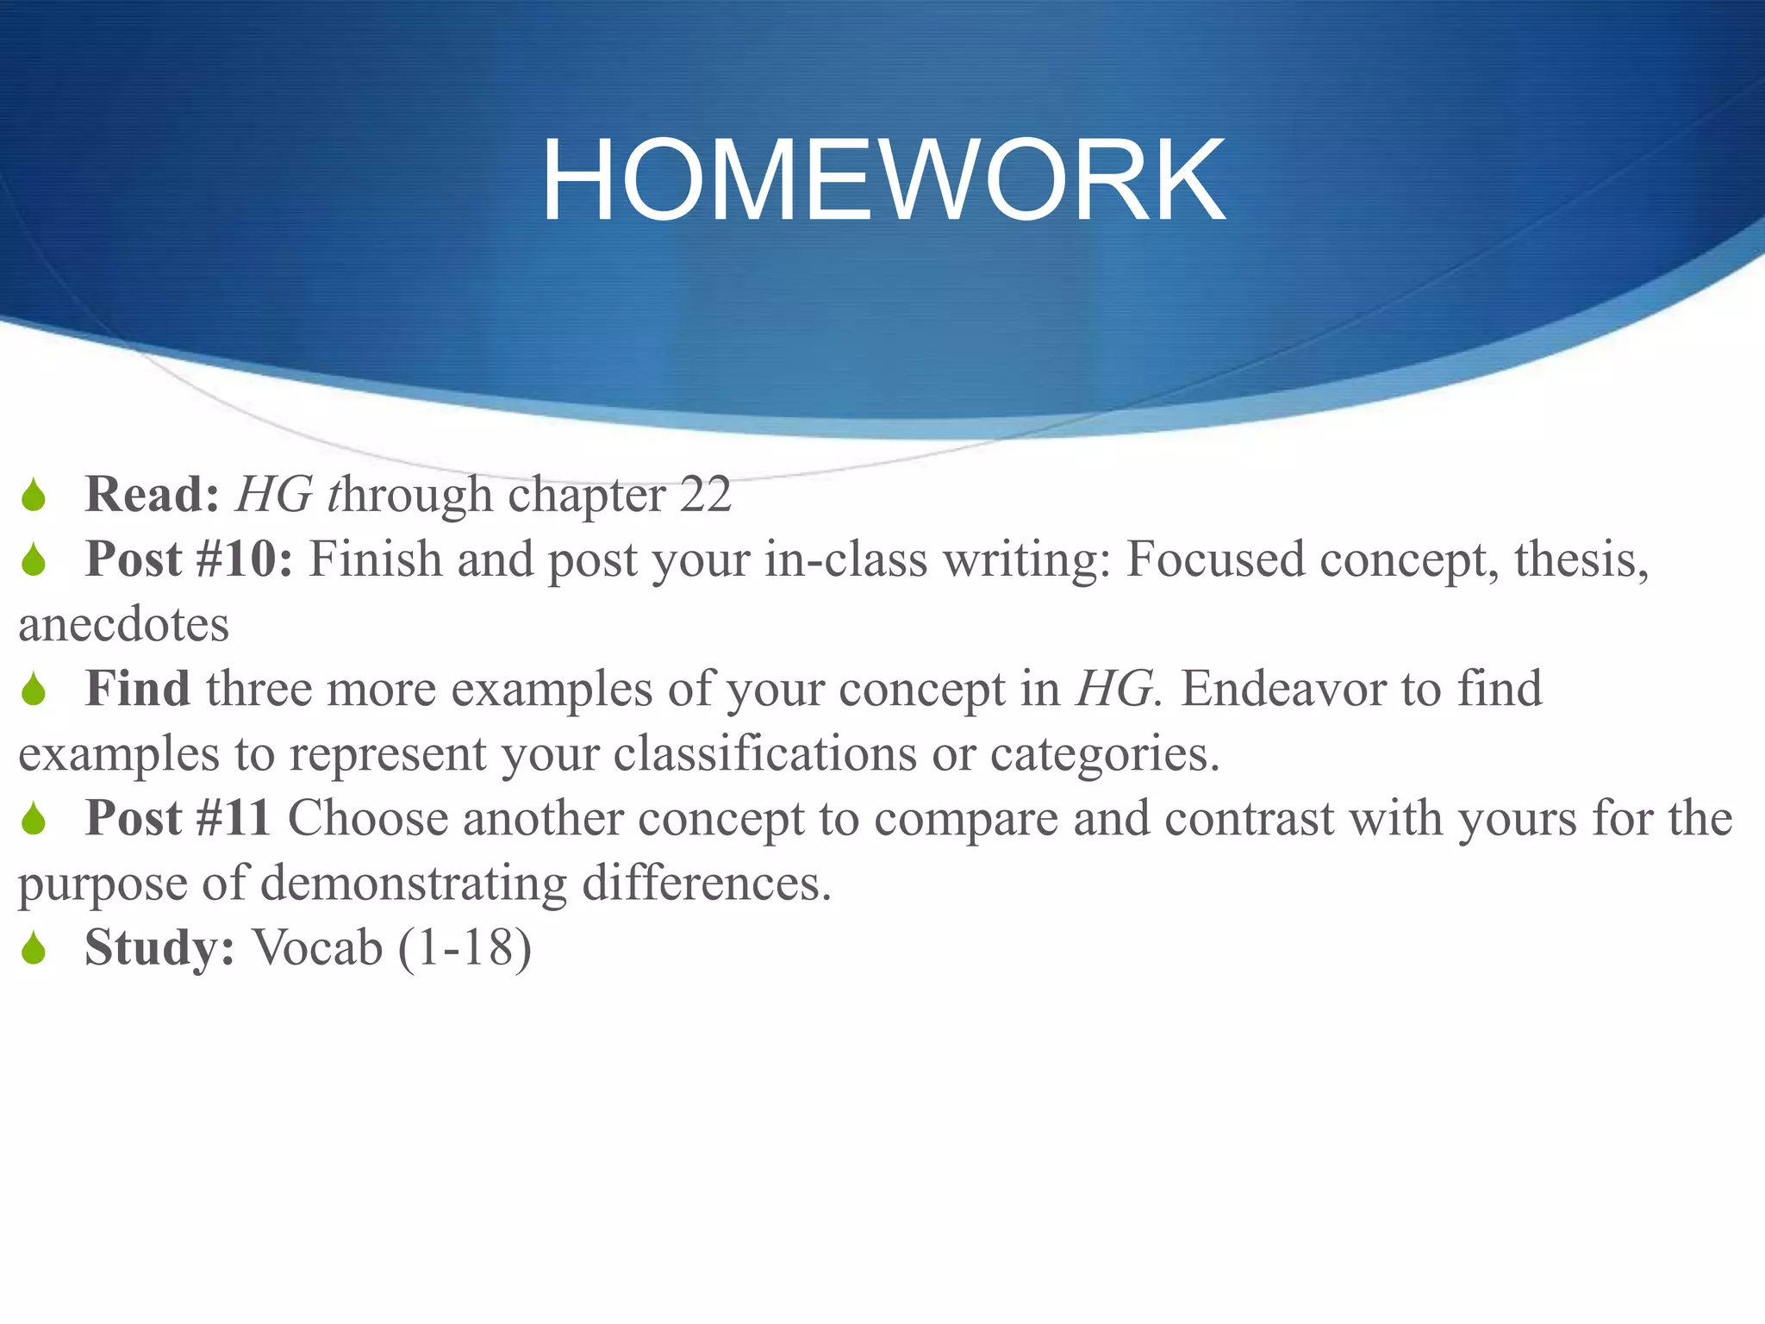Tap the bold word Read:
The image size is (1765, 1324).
[153, 495]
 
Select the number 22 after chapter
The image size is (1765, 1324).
[705, 495]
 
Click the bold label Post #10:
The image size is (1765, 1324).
[189, 559]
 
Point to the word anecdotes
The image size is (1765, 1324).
[124, 624]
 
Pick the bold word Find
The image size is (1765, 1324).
[138, 689]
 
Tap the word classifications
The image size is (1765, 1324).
[764, 753]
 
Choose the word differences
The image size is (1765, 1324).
[706, 883]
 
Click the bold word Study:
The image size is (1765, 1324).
[159, 947]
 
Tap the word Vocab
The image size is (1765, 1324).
[317, 947]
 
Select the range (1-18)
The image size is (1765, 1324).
[465, 947]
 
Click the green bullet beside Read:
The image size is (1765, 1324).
[34, 496]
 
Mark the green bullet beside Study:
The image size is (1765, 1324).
[34, 948]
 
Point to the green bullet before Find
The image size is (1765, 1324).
[34, 690]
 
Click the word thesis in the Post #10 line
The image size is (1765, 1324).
[1581, 559]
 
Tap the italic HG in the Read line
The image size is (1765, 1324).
[274, 495]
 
